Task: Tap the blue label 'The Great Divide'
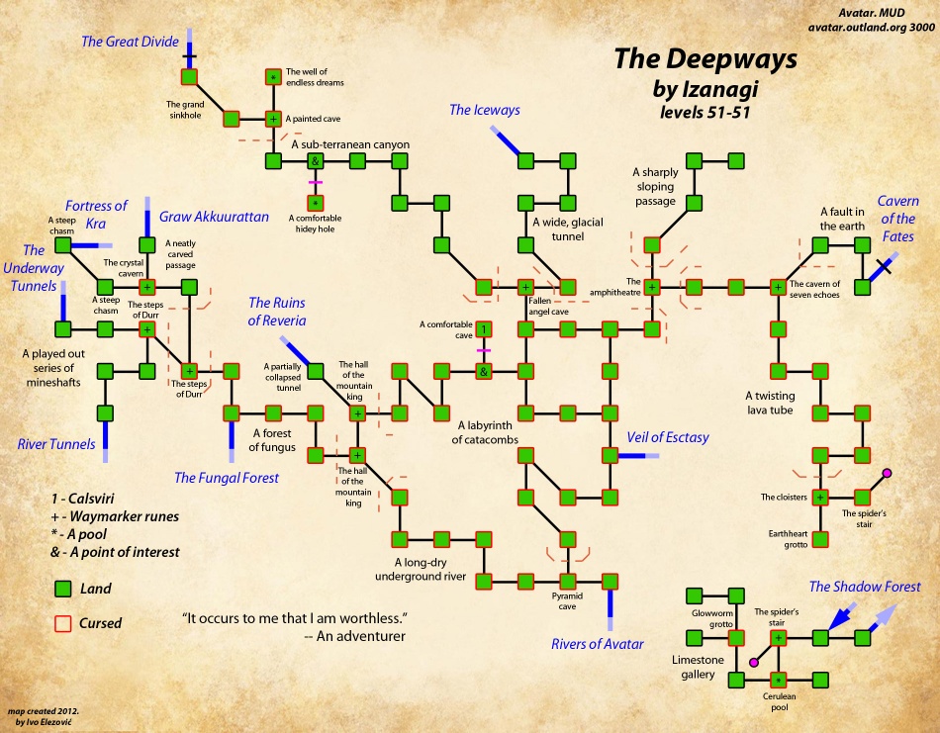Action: [x=130, y=42]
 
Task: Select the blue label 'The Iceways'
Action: [x=484, y=110]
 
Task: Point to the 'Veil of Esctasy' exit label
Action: [x=667, y=437]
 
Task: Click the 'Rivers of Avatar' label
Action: [x=597, y=644]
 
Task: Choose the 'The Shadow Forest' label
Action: [x=864, y=587]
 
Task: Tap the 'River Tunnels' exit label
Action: [x=56, y=444]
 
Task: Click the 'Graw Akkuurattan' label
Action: [x=215, y=217]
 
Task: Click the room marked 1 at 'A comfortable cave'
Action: [x=484, y=329]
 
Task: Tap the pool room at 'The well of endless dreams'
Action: [x=273, y=76]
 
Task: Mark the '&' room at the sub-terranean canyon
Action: [x=315, y=160]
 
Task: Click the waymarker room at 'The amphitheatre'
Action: [x=652, y=288]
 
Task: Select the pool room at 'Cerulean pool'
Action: [x=778, y=680]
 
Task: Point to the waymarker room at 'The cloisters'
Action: [x=819, y=497]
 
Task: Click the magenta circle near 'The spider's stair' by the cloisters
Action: [x=887, y=475]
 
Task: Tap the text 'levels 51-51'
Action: [x=700, y=112]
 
